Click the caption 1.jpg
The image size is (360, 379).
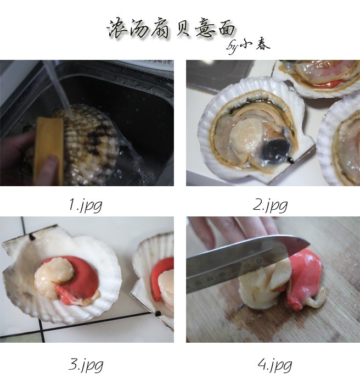point(85,205)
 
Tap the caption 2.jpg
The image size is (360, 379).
point(270,205)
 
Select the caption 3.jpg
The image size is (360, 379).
point(86,365)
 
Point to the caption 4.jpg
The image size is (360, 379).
point(274,365)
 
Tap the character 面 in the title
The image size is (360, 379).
point(224,28)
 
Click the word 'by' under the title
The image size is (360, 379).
point(232,48)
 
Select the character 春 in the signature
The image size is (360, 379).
point(262,44)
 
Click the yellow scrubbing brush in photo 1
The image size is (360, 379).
point(49,150)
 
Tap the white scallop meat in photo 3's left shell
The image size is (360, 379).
point(54,276)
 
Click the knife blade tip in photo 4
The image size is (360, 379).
point(310,244)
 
